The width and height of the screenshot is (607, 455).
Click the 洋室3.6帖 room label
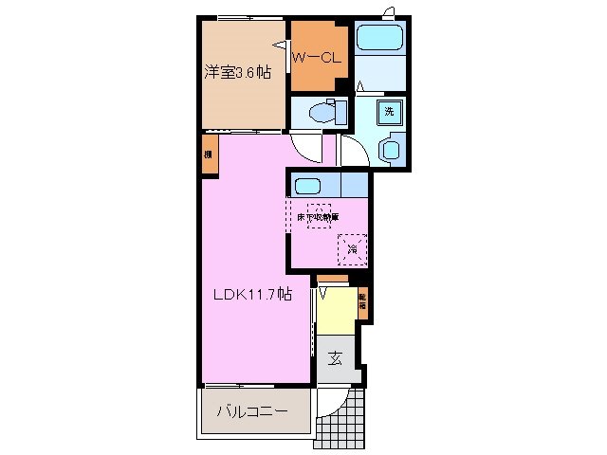click(232, 72)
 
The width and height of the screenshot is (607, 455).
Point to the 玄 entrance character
click(336, 359)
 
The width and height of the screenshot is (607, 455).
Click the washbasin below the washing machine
click(388, 150)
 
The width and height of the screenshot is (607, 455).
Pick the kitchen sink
click(308, 185)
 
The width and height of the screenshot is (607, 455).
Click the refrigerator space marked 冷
click(352, 249)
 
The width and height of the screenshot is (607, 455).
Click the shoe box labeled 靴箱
click(361, 305)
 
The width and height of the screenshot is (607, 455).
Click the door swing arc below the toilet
click(306, 147)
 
